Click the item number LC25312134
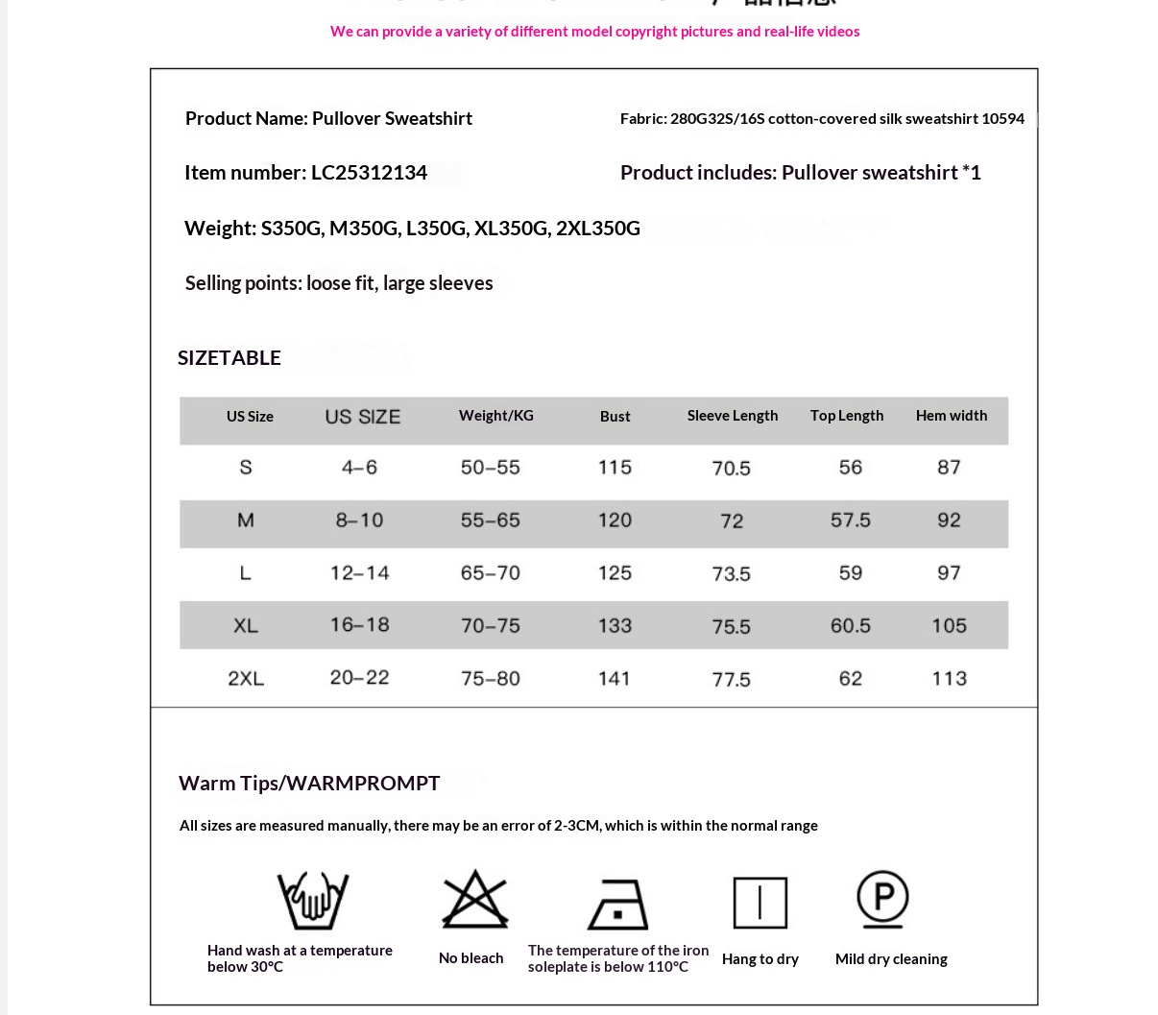[368, 173]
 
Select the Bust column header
[615, 417]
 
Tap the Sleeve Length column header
[733, 416]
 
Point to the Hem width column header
[951, 416]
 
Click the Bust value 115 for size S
[615, 468]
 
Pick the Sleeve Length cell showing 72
[732, 521]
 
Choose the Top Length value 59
[851, 573]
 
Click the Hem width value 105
[949, 626]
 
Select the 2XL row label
[246, 679]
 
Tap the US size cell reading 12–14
[359, 573]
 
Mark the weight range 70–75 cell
[490, 626]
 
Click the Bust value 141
[615, 679]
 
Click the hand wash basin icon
[312, 901]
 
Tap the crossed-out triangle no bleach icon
[474, 900]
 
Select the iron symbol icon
[617, 905]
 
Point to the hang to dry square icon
[760, 903]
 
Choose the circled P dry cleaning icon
[882, 899]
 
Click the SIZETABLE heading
[229, 358]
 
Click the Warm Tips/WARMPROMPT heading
[309, 784]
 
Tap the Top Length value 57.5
[851, 520]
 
